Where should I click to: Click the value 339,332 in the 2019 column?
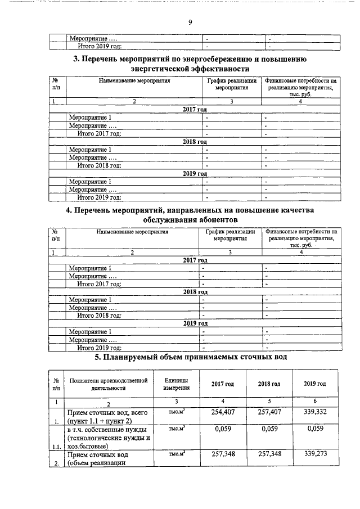coord(315,412)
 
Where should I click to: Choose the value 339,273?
coord(315,454)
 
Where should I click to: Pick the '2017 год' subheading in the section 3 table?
coord(195,109)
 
